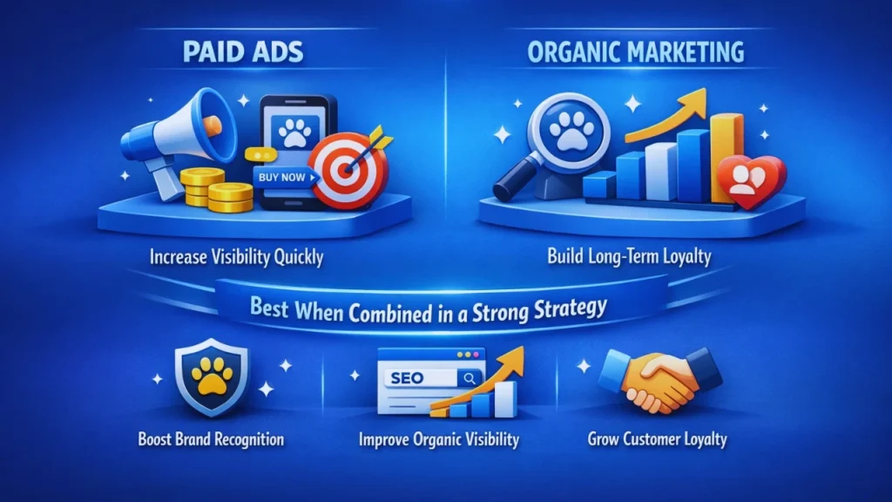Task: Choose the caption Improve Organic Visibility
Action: [x=439, y=438]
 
